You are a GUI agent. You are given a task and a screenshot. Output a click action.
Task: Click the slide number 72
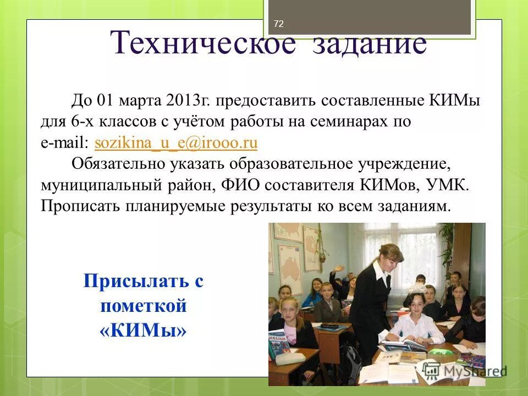(278, 24)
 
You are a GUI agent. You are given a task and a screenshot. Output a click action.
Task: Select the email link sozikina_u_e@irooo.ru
(176, 143)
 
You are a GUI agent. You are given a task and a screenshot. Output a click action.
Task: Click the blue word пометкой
(144, 306)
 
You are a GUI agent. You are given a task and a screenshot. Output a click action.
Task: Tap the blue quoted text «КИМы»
(144, 331)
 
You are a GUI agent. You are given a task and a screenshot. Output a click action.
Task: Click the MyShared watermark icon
(431, 369)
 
